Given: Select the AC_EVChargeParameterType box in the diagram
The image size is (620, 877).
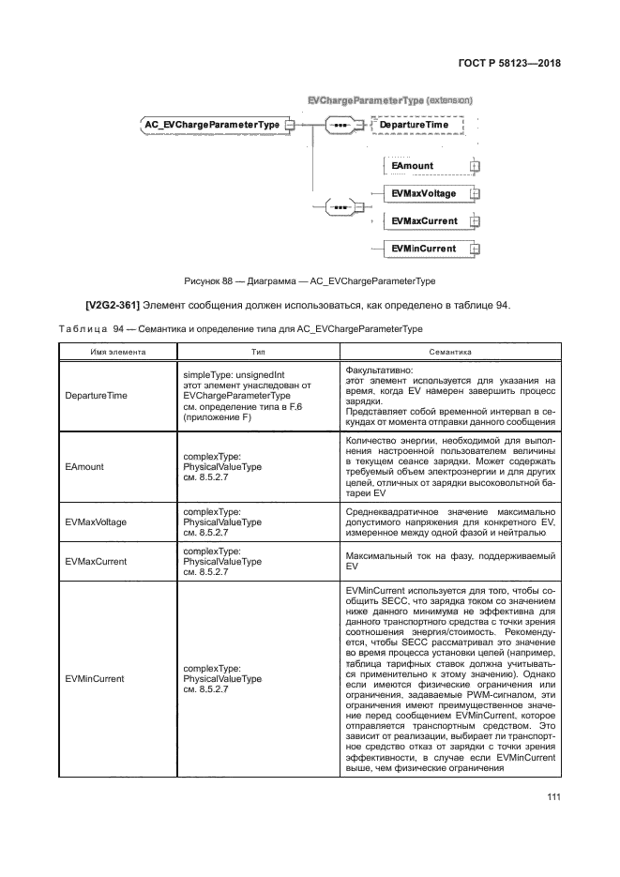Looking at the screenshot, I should click(x=211, y=124).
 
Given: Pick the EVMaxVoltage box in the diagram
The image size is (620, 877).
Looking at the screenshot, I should click(x=425, y=194).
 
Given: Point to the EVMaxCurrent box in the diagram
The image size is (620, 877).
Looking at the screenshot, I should click(x=425, y=221).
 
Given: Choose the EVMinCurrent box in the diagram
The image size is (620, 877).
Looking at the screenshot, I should click(x=425, y=249).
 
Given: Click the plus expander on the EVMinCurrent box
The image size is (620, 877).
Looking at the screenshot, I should click(x=475, y=249).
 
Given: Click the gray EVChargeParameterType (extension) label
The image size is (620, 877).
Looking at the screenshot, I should click(x=389, y=99).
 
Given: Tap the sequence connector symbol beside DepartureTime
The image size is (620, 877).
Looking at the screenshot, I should click(x=340, y=124).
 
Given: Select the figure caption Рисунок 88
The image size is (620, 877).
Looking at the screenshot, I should click(x=310, y=280).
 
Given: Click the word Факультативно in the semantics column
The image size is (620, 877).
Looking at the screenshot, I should click(x=378, y=371).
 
